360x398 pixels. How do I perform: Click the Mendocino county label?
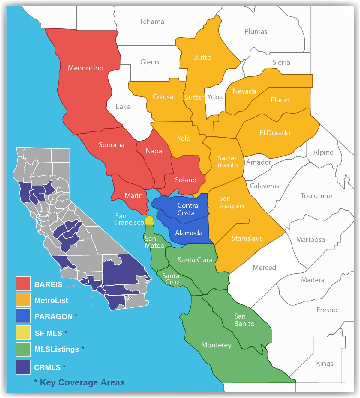[85, 68]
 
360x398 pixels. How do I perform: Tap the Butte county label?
[202, 57]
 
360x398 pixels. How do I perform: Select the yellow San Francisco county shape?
[149, 220]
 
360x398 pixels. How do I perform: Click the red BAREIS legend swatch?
[23, 284]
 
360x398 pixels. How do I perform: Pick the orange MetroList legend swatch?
[23, 300]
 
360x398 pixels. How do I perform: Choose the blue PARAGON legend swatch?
[23, 316]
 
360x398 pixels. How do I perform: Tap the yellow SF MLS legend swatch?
[23, 332]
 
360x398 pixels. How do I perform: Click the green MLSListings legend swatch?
[23, 349]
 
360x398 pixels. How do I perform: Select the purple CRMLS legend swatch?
[23, 367]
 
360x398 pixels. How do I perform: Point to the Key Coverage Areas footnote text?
[79, 382]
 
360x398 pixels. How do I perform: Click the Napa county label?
[154, 151]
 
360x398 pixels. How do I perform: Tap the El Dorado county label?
[275, 133]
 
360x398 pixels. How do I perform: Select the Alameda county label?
[189, 233]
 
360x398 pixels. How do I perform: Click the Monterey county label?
[216, 345]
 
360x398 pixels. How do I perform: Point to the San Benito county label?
[244, 320]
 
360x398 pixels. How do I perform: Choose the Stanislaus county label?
[247, 238]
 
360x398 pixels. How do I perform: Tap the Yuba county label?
[215, 97]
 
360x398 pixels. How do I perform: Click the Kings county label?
[325, 364]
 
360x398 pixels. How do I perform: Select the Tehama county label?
[152, 22]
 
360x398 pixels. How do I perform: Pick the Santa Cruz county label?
[171, 279]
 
